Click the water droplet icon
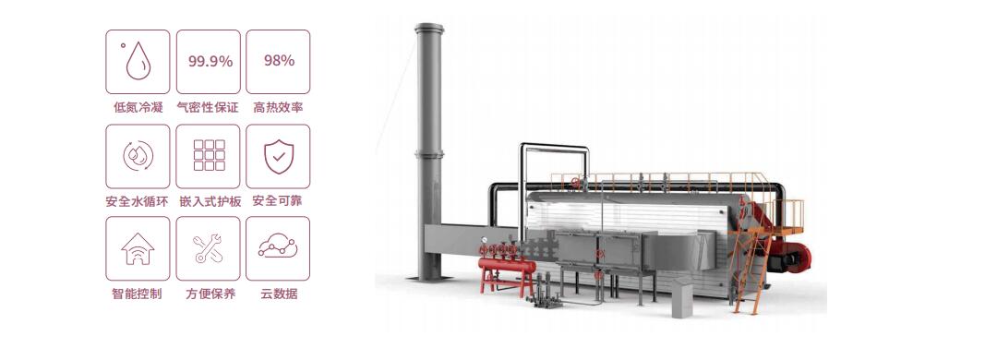[x=138, y=61]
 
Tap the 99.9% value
[x=210, y=62]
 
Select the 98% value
[x=279, y=60]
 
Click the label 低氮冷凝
[x=138, y=107]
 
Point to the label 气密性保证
[x=208, y=107]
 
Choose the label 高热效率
[x=278, y=107]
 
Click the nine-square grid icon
[x=210, y=155]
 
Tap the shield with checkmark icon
[x=279, y=156]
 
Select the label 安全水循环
[x=138, y=201]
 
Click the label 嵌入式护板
[x=208, y=201]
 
